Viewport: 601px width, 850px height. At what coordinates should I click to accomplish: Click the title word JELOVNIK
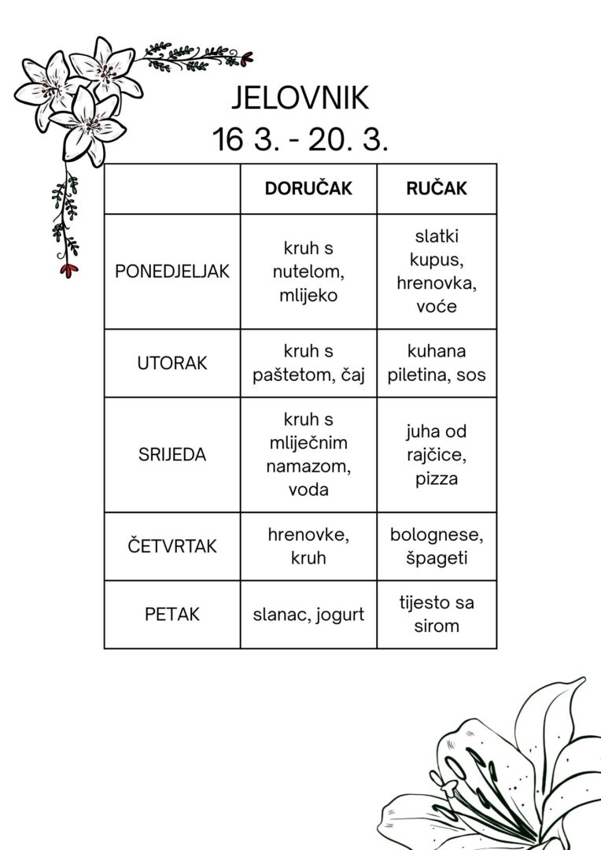click(300, 99)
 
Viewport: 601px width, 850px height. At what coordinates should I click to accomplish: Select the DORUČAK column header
click(308, 189)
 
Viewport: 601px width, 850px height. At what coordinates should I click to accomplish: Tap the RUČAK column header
click(437, 189)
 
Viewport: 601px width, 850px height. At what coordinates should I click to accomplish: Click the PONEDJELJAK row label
click(172, 272)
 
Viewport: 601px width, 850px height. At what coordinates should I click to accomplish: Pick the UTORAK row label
click(172, 364)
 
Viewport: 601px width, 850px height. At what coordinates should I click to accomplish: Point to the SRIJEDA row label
click(172, 455)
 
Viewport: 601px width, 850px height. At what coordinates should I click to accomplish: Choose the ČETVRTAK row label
click(172, 546)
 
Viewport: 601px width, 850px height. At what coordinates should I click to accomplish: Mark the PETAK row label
click(172, 615)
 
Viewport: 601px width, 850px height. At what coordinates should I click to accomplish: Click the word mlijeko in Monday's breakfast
click(308, 295)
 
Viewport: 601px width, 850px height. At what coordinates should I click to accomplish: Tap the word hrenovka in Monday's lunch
click(437, 283)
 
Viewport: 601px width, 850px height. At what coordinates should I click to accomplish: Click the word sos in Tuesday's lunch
click(469, 375)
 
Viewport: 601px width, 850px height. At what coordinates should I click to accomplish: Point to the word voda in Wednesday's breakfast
click(308, 490)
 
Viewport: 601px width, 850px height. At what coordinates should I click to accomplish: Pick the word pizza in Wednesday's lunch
click(437, 479)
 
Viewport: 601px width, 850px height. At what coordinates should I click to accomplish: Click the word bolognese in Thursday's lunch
click(437, 535)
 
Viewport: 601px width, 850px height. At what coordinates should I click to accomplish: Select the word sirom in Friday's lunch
click(437, 626)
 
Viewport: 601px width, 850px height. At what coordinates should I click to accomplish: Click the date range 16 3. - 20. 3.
click(300, 140)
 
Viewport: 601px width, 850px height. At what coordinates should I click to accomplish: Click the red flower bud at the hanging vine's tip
click(69, 269)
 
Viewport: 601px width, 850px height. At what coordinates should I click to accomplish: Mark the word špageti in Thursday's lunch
click(437, 558)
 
